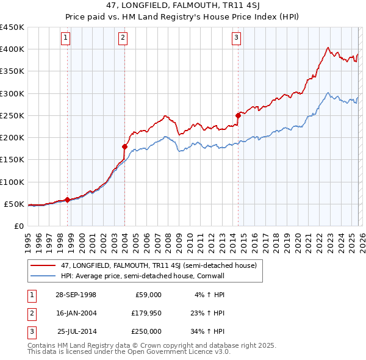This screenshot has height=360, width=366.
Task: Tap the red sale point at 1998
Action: pyautogui.click(x=68, y=200)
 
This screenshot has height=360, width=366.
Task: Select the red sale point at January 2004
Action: pyautogui.click(x=124, y=146)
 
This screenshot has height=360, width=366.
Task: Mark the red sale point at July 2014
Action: pyautogui.click(x=238, y=115)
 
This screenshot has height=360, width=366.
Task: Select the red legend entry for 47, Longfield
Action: pyautogui.click(x=149, y=265)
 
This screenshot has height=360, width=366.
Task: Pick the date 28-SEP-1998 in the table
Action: pyautogui.click(x=76, y=295)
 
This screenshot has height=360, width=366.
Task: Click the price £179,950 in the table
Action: pyautogui.click(x=146, y=313)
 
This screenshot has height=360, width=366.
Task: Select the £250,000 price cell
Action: pyautogui.click(x=146, y=331)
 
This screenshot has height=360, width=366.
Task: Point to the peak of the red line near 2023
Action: pyautogui.click(x=328, y=48)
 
